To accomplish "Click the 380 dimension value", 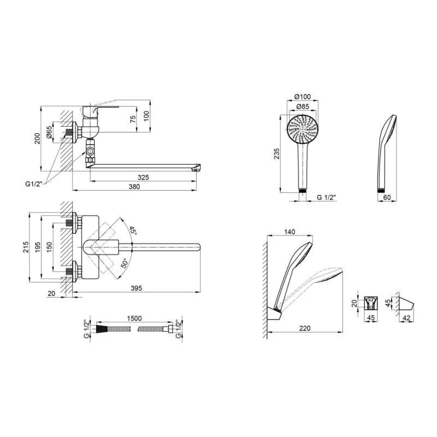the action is pyautogui.click(x=134, y=187).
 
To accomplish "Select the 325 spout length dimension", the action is pyautogui.click(x=143, y=178).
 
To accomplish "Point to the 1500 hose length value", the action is pyautogui.click(x=134, y=318).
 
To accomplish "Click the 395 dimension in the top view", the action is pyautogui.click(x=136, y=288).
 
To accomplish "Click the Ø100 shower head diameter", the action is pyautogui.click(x=303, y=97).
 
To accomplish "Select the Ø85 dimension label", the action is pyautogui.click(x=303, y=107).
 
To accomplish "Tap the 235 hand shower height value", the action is pyautogui.click(x=276, y=154).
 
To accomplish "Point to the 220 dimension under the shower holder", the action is pyautogui.click(x=305, y=328).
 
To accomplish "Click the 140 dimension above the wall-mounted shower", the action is pyautogui.click(x=290, y=232).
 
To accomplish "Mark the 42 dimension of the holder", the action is pyautogui.click(x=406, y=318).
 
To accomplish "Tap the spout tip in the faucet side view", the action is pyautogui.click(x=197, y=167).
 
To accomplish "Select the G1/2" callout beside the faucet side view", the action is pyautogui.click(x=34, y=184).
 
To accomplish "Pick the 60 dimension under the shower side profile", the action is pyautogui.click(x=387, y=197).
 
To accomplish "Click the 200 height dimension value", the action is pyautogui.click(x=37, y=139).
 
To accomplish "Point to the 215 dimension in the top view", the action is pyautogui.click(x=26, y=247).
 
